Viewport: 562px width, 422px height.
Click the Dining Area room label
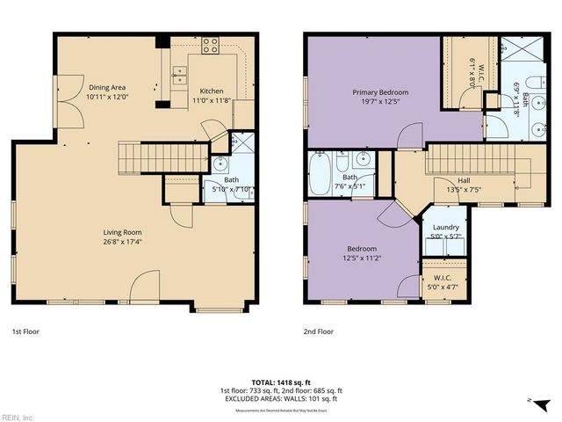106,88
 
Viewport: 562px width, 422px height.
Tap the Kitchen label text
212,91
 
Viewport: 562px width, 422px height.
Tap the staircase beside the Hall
479,161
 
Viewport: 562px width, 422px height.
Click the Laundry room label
445,228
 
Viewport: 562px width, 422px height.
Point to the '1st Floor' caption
26,332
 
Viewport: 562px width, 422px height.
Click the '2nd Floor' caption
319,332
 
